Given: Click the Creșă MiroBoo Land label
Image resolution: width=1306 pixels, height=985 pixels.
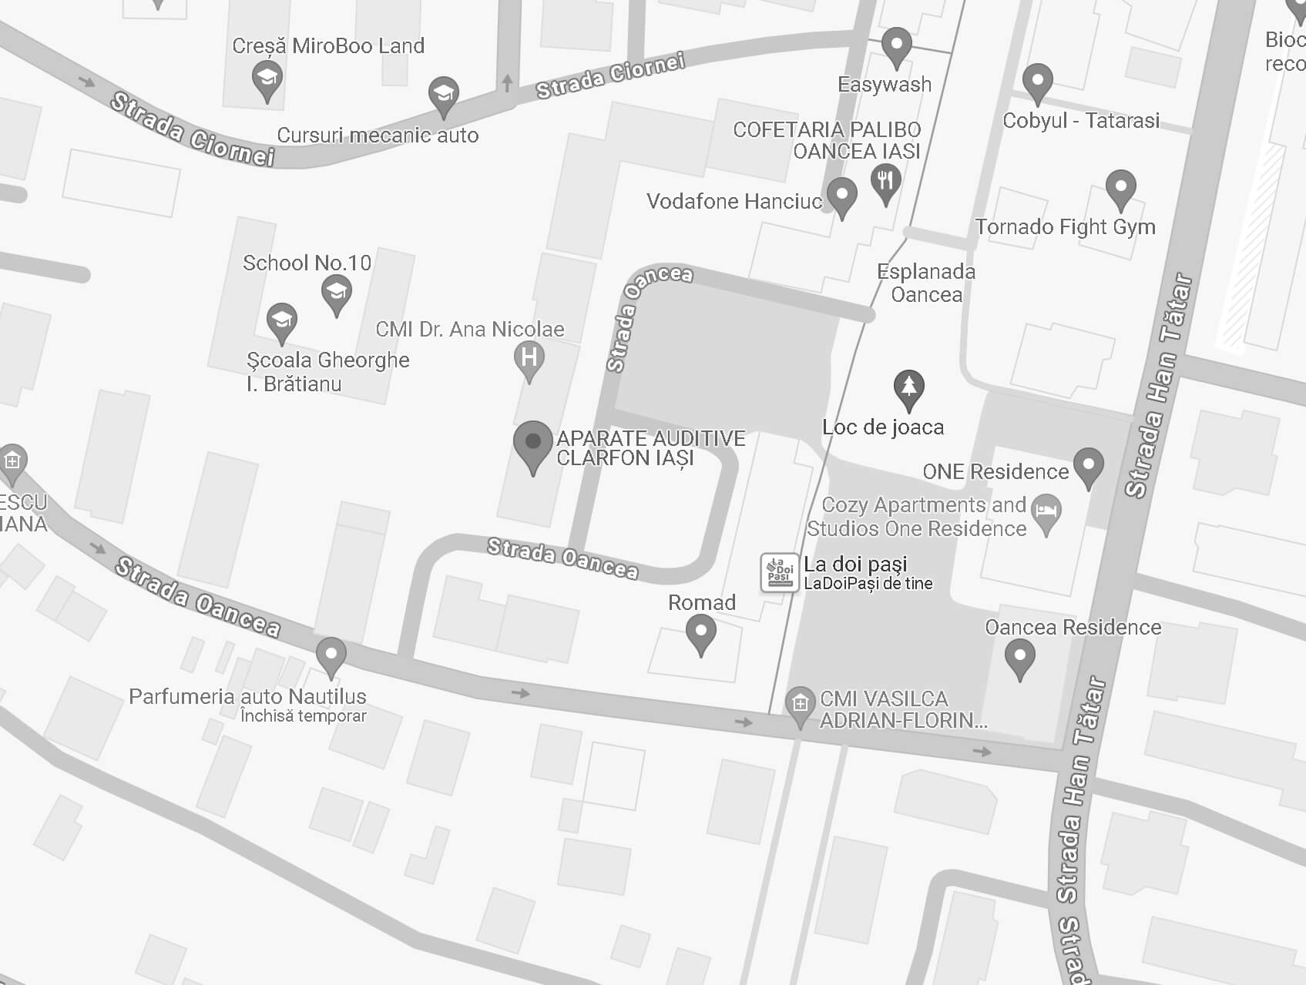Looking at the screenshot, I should [x=328, y=46].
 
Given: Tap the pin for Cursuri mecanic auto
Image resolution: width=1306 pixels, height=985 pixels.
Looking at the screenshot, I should [x=443, y=95].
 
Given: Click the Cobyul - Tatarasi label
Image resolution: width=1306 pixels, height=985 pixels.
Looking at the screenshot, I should [x=1080, y=121].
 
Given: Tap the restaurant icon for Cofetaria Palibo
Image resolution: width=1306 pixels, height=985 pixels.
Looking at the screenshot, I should [x=885, y=183].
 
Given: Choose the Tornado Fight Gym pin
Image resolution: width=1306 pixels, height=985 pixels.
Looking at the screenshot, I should [x=1120, y=188].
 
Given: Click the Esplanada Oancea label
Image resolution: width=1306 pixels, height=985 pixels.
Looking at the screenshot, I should [x=926, y=283].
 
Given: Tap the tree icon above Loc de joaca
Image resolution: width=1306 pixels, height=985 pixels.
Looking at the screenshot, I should [x=908, y=387].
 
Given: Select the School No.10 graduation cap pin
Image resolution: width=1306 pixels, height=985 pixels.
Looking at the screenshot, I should [x=336, y=293].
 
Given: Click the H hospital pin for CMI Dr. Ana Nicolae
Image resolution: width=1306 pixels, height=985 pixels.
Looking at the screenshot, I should [x=529, y=359].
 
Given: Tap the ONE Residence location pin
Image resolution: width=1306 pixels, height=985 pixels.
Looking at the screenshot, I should [x=1088, y=466].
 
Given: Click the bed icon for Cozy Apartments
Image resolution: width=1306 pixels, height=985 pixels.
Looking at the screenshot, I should [x=1046, y=511].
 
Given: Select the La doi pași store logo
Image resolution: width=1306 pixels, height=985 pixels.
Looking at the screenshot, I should [x=779, y=572].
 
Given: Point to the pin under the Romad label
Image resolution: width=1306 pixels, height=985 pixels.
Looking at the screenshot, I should [x=701, y=634].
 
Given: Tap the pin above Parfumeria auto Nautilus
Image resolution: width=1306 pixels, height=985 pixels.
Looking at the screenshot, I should [x=331, y=655].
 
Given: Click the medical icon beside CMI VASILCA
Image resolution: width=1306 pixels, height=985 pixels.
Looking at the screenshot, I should [x=800, y=704].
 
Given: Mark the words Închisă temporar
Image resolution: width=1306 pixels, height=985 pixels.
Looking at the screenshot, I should [x=303, y=716].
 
